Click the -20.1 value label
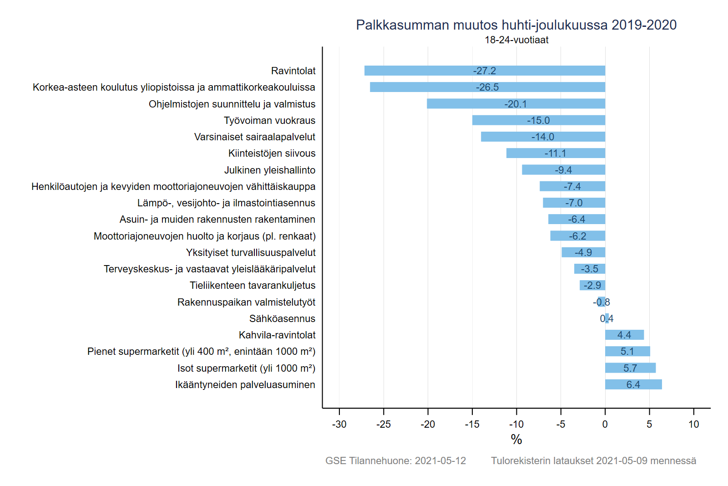516,104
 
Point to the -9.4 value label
563,170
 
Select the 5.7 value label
630,368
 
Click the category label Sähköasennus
282,318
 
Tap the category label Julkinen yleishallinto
270,170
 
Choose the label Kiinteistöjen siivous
272,153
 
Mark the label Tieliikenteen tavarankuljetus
253,286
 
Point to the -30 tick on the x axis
339,424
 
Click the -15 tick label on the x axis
472,424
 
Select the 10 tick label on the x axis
693,424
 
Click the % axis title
516,440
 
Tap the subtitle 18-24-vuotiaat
516,40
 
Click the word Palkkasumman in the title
403,25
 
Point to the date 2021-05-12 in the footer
440,460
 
